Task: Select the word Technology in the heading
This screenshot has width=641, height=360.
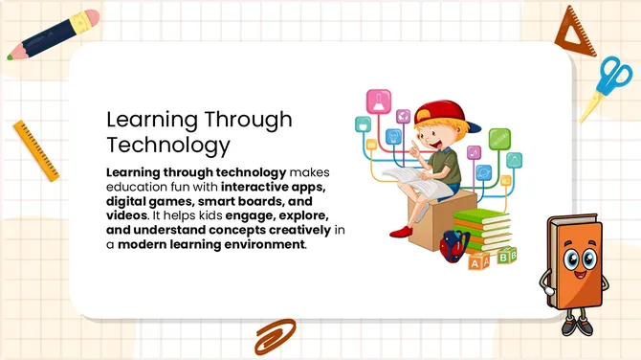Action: point(167,146)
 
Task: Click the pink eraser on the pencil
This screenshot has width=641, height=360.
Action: point(91,19)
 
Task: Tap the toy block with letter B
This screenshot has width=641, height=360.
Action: point(507,256)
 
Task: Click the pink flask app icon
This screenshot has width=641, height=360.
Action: point(378,101)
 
